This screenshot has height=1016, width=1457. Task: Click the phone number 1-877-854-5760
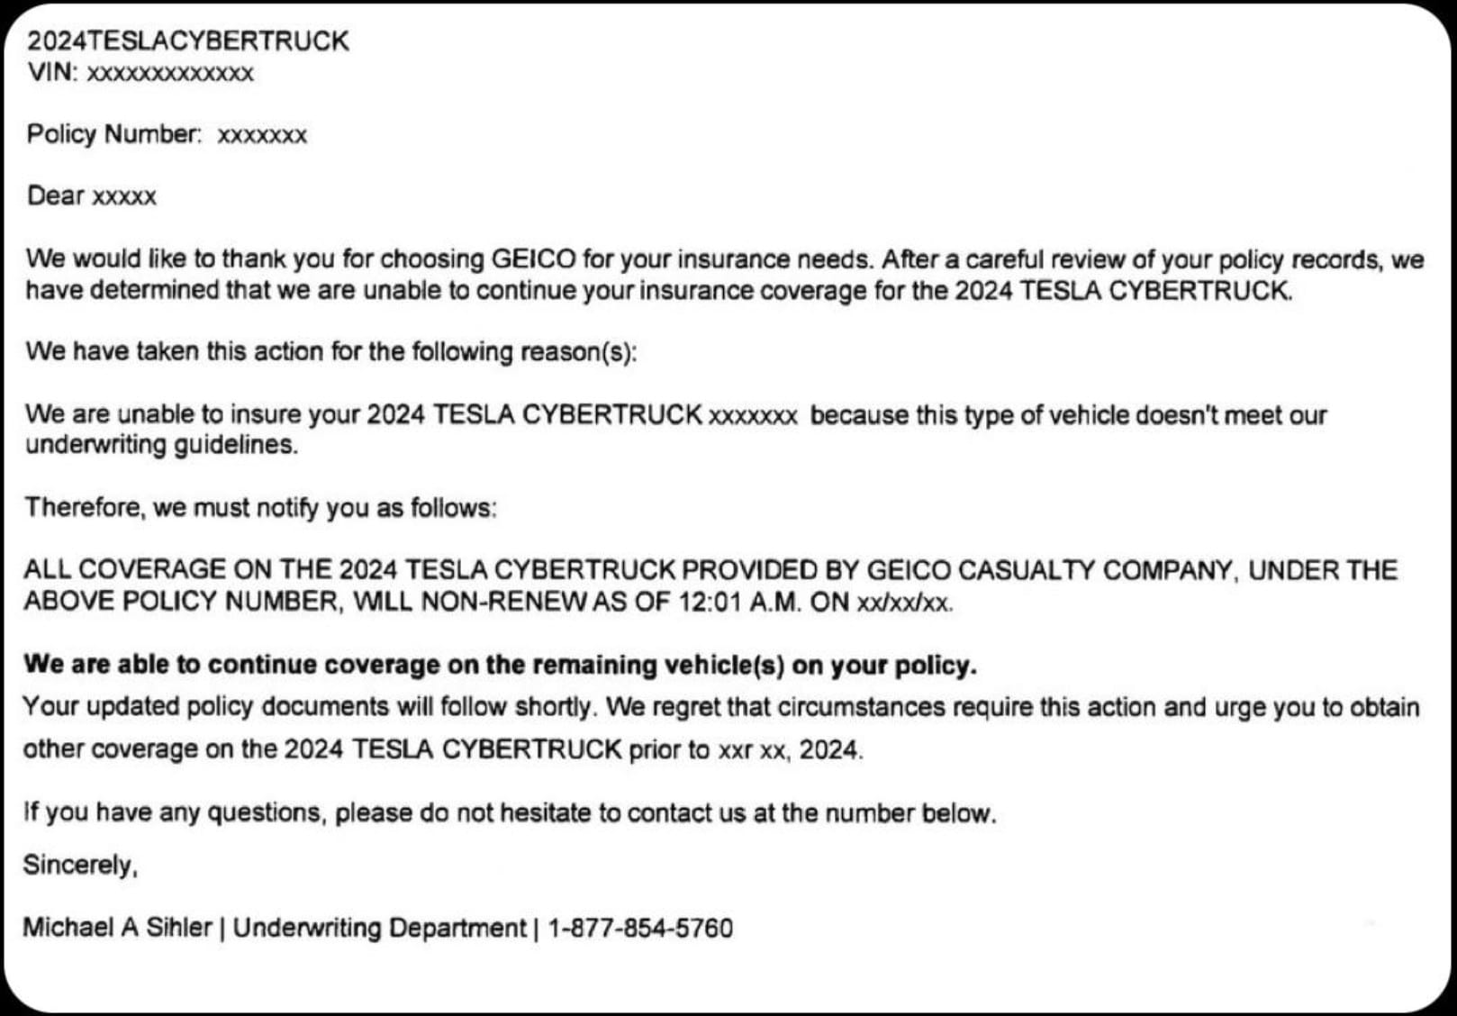(640, 928)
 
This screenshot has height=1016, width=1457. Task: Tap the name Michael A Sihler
(117, 927)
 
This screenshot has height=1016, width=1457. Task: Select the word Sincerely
(79, 865)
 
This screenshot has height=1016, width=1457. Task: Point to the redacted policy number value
(262, 136)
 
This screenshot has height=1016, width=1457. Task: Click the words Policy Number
(113, 134)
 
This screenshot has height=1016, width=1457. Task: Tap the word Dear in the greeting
(56, 195)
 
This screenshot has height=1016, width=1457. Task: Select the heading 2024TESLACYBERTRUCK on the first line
(188, 41)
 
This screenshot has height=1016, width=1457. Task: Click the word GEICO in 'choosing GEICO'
(533, 259)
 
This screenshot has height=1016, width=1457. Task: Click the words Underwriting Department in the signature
(379, 928)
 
